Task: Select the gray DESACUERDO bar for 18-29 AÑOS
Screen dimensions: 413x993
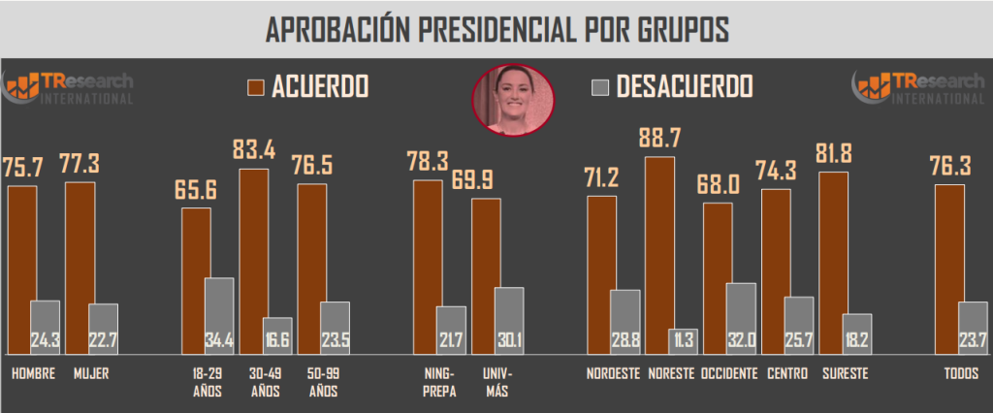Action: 219,315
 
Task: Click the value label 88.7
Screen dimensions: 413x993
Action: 658,138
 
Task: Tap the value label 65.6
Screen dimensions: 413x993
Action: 196,190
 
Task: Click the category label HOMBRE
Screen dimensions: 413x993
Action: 33,374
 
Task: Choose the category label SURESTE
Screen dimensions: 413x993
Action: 845,374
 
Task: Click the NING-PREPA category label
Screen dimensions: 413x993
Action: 439,382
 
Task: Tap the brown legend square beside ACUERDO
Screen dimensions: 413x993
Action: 256,87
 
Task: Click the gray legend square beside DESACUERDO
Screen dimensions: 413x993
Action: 599,87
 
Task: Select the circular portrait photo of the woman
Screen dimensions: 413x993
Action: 513,98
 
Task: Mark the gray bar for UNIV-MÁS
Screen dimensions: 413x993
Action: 508,320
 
